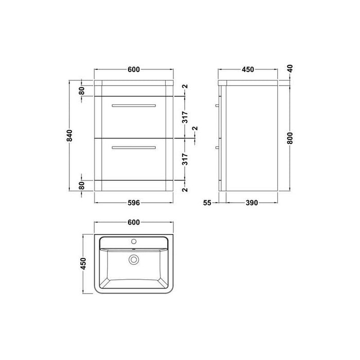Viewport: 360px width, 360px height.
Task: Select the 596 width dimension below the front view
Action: click(x=133, y=203)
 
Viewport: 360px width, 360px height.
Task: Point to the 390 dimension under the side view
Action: click(x=251, y=203)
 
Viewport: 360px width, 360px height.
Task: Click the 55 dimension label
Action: click(x=207, y=203)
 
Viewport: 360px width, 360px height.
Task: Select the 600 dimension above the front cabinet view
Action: click(x=133, y=69)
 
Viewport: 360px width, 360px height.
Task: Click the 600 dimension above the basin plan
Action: click(x=133, y=222)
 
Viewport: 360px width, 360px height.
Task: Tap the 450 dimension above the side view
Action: click(x=248, y=69)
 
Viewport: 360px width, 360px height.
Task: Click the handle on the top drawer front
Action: click(x=133, y=105)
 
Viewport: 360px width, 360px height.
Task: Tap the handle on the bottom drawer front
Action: click(x=133, y=148)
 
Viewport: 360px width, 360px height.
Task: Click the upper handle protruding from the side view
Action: click(x=218, y=105)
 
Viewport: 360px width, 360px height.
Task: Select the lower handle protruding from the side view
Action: click(x=218, y=148)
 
